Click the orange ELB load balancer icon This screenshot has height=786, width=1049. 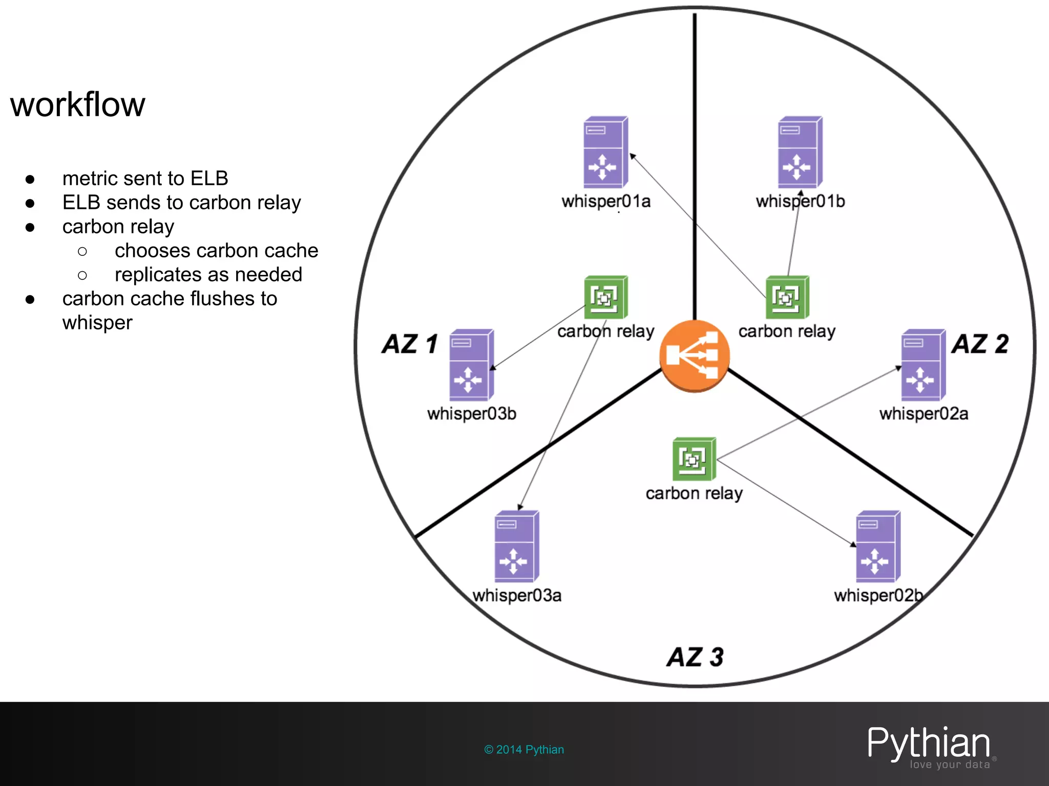pos(694,356)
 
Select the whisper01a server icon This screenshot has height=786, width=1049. pos(605,152)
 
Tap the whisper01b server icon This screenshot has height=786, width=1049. pos(800,152)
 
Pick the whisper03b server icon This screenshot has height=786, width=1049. pos(471,365)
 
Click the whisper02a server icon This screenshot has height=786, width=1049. pos(923,365)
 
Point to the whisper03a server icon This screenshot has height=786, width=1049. pos(516,546)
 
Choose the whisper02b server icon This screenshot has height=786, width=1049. pos(878,546)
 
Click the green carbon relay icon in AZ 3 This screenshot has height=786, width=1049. pos(694,459)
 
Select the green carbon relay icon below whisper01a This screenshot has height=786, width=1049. pos(605,297)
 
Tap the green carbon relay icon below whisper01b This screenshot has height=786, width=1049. pos(787,297)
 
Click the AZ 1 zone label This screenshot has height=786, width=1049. pos(410,344)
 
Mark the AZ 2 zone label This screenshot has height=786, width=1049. pos(980,344)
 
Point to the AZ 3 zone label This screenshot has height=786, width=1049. pos(695,657)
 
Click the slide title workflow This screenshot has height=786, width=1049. pos(78,105)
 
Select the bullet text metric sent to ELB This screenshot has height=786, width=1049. pos(145,179)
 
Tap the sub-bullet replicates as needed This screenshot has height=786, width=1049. pos(208,275)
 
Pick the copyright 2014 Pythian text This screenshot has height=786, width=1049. pos(524,750)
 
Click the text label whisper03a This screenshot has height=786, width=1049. pos(516,596)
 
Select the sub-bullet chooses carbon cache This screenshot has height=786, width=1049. pos(216,251)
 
